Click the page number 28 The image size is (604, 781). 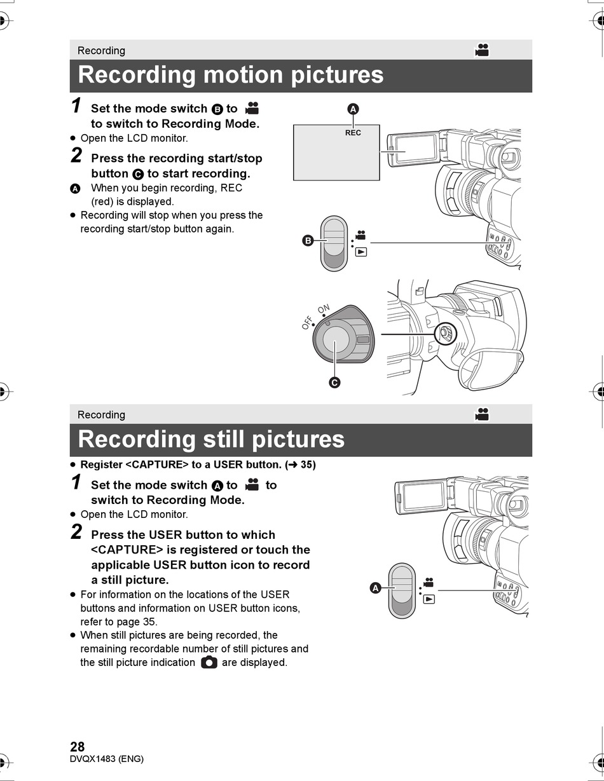click(77, 746)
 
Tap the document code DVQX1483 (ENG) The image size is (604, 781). click(107, 759)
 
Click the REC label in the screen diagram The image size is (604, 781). click(353, 133)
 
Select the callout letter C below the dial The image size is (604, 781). click(334, 383)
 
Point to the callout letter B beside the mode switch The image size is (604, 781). click(308, 240)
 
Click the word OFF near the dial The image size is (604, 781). click(308, 322)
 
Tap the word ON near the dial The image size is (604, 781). click(324, 309)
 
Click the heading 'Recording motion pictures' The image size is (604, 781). click(231, 75)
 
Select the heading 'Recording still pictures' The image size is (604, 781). click(211, 439)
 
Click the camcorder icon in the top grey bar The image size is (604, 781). click(483, 50)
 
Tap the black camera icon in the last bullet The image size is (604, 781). click(209, 662)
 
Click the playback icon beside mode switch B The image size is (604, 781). click(361, 252)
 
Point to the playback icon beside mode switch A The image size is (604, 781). click(429, 599)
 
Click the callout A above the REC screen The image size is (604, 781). click(353, 109)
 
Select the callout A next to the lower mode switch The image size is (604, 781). click(375, 588)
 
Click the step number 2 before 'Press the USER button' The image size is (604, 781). click(76, 532)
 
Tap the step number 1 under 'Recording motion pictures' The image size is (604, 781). click(76, 105)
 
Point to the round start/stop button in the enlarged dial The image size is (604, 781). click(336, 339)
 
